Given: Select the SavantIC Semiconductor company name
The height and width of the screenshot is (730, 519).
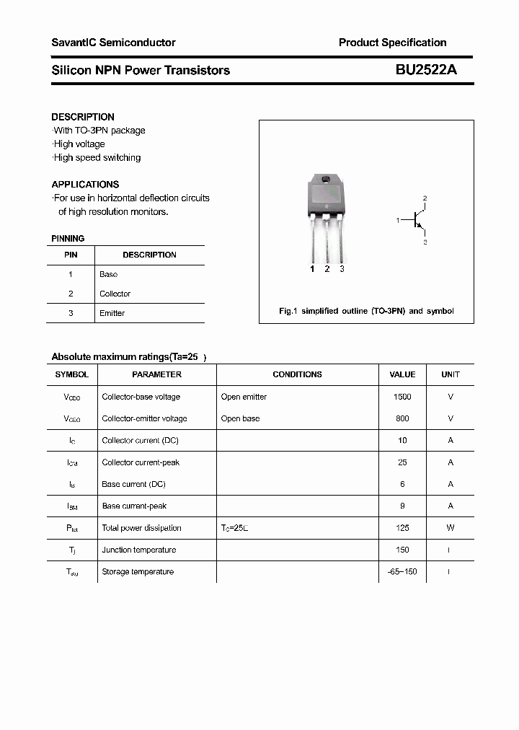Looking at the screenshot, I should (113, 43).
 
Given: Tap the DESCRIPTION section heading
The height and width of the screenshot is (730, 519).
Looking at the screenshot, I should (83, 117).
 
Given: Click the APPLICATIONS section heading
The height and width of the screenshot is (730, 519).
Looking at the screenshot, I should (85, 184).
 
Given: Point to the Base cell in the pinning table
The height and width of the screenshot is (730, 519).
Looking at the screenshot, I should (108, 274).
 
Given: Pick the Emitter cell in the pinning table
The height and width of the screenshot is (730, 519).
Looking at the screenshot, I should (112, 313).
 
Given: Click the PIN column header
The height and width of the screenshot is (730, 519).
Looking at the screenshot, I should (71, 255).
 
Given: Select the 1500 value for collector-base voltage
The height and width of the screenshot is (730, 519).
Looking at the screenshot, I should (402, 397).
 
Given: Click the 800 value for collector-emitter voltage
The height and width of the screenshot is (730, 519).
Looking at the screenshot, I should (402, 418).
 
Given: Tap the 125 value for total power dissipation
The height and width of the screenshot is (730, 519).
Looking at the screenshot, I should (402, 528).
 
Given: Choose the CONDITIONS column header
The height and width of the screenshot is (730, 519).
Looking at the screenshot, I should (297, 374).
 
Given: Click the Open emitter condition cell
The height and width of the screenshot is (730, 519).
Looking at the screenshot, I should (244, 397).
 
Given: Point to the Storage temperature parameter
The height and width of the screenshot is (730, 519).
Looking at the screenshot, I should (138, 571).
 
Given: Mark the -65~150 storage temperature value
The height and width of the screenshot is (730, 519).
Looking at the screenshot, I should (402, 571).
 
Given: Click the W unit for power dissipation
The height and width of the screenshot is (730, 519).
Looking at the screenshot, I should (451, 528).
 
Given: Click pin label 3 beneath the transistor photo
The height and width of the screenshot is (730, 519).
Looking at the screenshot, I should (342, 269).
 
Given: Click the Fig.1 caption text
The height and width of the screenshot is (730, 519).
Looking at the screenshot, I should (366, 311).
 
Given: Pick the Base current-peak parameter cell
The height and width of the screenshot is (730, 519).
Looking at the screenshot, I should (134, 506).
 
